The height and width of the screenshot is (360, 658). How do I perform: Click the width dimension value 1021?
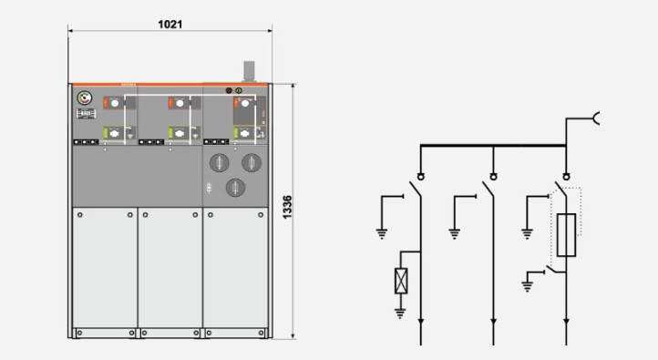coord(170,25)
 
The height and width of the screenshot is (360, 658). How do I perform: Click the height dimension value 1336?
coord(287,207)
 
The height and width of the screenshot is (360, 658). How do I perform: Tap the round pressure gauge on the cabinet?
coord(85,98)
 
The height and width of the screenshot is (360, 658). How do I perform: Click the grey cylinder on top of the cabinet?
coord(250,70)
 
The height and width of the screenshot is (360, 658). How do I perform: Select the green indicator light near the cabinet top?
coord(239,90)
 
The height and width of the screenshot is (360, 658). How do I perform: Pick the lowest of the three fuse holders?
coord(235,188)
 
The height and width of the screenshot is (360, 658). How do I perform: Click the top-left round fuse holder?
coord(219,163)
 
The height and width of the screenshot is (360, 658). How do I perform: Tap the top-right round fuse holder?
coord(252,163)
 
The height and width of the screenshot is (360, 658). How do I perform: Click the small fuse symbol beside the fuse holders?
coord(209,188)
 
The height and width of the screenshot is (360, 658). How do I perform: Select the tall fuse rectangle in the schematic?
coord(566,235)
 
